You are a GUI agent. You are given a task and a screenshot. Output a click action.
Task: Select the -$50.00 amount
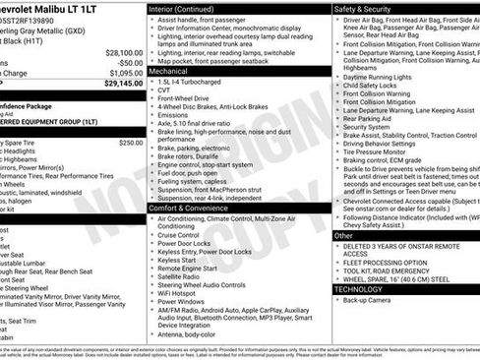coord(130,62)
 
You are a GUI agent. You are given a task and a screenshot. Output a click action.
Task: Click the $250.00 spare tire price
coord(131,143)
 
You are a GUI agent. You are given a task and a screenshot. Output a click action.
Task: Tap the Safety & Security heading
coord(363,8)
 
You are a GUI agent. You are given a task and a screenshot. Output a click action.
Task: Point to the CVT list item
coord(165,91)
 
